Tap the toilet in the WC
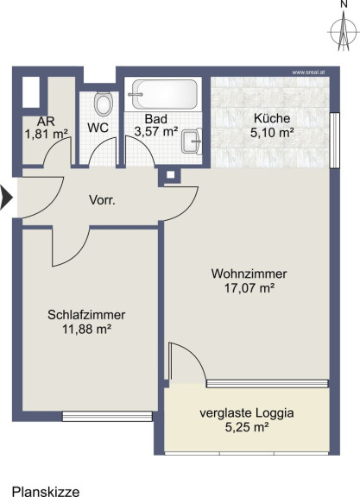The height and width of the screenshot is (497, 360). (x=104, y=104)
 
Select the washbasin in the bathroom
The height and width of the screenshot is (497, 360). (x=192, y=142)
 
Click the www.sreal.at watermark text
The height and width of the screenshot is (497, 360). (x=308, y=72)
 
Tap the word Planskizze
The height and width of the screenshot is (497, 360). (x=46, y=492)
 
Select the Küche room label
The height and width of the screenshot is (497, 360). (x=272, y=118)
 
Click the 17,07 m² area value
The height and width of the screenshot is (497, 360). (x=249, y=288)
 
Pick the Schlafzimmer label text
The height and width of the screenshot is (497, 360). (x=86, y=315)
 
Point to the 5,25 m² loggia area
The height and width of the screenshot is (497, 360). (x=247, y=427)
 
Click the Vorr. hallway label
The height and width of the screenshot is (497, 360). (x=102, y=200)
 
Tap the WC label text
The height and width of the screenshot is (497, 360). (x=98, y=128)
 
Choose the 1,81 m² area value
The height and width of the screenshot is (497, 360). (x=47, y=134)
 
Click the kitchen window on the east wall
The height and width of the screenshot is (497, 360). (x=335, y=140)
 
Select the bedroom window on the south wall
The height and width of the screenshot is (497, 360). (x=107, y=416)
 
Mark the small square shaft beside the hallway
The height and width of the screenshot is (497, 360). (x=171, y=174)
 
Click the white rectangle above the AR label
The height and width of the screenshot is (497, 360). (x=31, y=92)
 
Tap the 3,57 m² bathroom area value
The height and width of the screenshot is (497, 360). (x=156, y=131)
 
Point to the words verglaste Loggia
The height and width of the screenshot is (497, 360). (x=246, y=413)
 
